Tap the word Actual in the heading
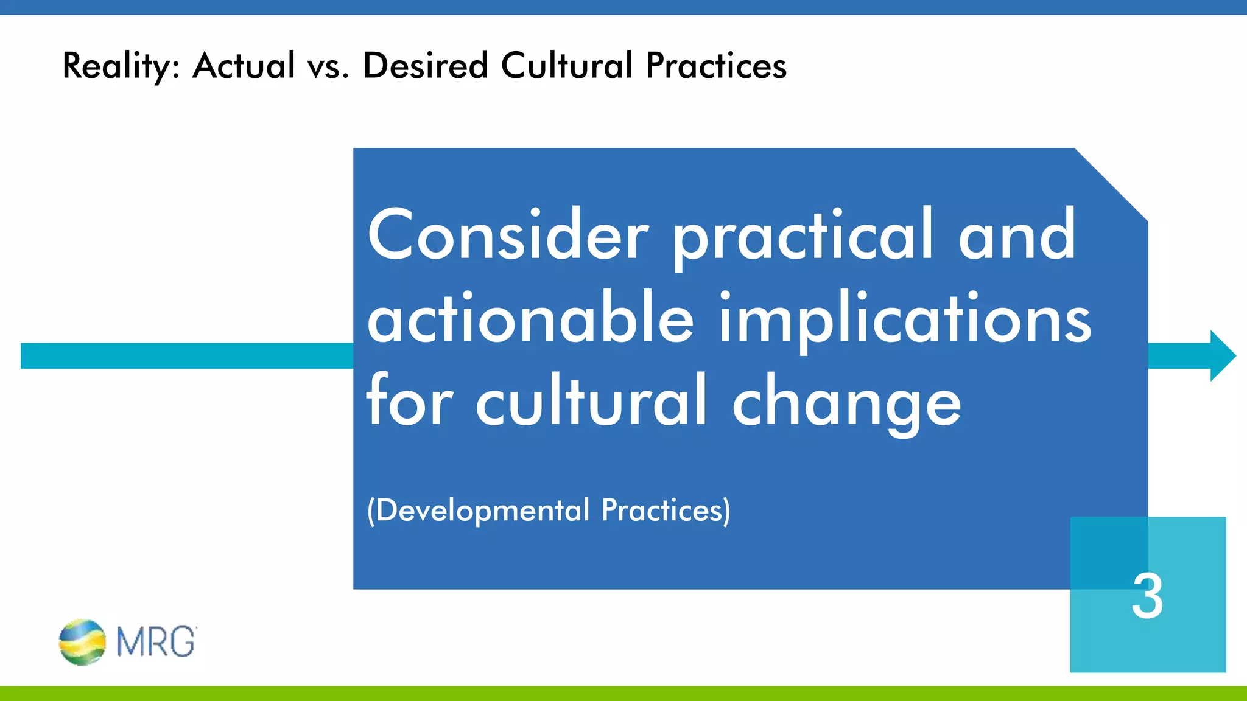(x=244, y=66)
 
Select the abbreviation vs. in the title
(x=328, y=66)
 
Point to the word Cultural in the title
(x=567, y=66)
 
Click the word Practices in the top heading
(x=716, y=66)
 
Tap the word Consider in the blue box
(x=508, y=235)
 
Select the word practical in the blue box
(x=803, y=235)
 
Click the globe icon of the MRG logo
(x=82, y=642)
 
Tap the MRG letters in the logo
(x=156, y=642)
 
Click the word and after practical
(x=1017, y=235)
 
